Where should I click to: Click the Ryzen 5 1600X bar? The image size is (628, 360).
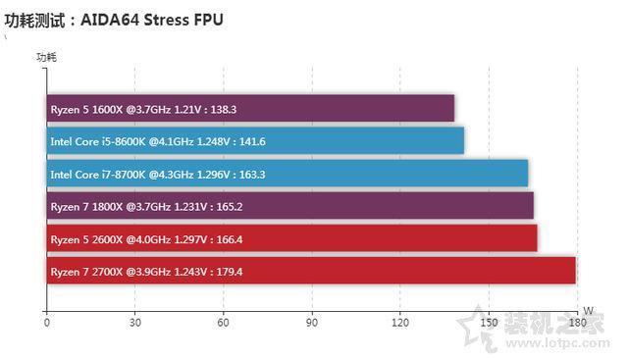click(250, 109)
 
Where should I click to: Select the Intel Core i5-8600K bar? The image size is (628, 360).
click(255, 141)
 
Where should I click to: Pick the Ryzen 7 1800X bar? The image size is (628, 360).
click(290, 206)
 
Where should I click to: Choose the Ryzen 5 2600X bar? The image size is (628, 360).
click(292, 238)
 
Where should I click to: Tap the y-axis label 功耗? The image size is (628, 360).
click(47, 58)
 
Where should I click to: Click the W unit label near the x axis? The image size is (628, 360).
click(587, 311)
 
